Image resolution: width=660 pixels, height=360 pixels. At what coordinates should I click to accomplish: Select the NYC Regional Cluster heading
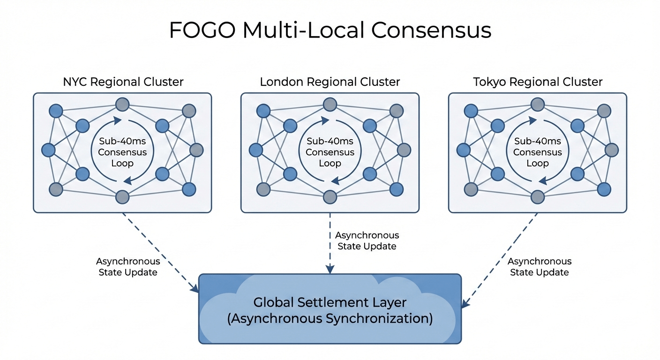point(123,82)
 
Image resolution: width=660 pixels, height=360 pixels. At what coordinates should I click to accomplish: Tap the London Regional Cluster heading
point(330,82)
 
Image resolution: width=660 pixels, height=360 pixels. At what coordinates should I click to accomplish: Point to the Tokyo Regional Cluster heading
point(538,82)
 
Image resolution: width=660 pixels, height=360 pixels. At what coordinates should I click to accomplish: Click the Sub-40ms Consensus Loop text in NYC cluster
point(122,152)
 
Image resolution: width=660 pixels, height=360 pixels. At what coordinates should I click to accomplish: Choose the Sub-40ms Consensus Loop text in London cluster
point(330,152)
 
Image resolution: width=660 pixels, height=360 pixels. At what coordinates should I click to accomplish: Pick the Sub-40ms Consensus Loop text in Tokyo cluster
point(537,152)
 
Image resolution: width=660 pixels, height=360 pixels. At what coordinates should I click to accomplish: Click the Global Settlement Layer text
point(330,302)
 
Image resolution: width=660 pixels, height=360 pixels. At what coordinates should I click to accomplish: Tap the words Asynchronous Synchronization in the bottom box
point(330,319)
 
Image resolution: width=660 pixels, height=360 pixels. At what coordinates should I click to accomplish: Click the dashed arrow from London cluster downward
point(330,244)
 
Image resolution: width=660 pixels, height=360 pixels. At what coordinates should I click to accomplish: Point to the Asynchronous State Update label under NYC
point(128,267)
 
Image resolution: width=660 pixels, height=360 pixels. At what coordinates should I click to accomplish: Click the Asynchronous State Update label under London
point(367,240)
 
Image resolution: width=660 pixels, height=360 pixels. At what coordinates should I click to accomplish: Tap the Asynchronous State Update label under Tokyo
point(540,267)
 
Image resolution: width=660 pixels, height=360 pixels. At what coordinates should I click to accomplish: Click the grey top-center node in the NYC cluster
point(122,104)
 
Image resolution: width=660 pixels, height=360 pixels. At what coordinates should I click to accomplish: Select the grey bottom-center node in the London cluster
point(330,197)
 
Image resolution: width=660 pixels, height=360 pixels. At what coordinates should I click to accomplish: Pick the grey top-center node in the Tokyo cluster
point(537,104)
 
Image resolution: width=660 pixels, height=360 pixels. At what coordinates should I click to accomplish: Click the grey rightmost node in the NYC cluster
point(196,150)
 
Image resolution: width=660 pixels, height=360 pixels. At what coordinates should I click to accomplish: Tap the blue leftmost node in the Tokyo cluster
point(463,150)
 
